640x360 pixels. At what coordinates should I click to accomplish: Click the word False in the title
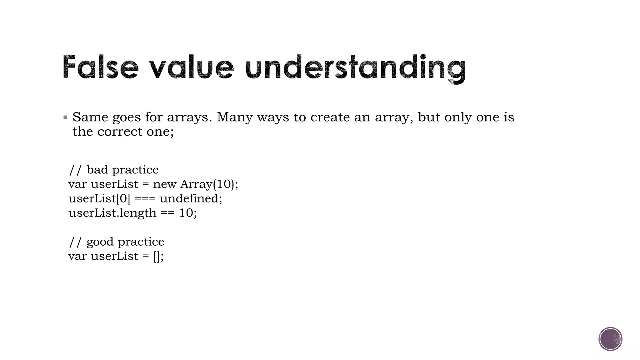point(100,67)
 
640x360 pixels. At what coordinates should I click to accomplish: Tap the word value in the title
point(191,67)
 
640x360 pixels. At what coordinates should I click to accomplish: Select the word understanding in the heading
point(355,68)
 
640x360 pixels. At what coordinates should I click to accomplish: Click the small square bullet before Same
point(65,118)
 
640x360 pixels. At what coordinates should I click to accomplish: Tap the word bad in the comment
point(97,170)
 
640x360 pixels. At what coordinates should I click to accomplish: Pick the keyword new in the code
point(165,184)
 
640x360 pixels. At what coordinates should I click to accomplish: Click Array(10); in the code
point(209,184)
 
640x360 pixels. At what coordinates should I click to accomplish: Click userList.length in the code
point(112,213)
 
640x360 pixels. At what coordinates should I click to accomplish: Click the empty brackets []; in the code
point(158,256)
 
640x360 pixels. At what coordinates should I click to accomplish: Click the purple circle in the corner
point(610,339)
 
